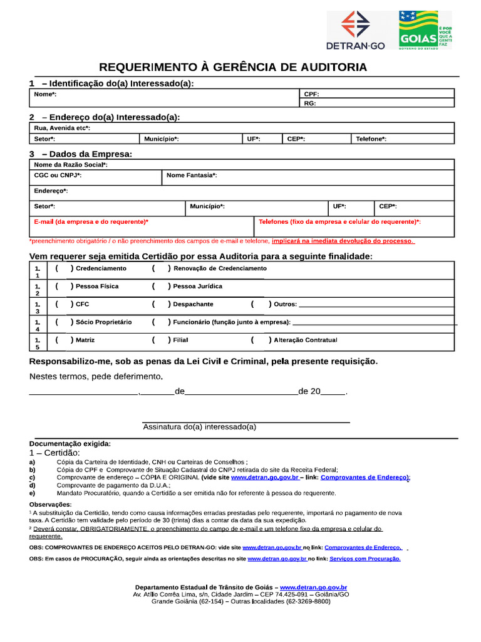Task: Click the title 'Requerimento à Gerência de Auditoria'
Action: point(233,68)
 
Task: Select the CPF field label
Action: point(311,94)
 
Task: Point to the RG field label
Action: point(309,103)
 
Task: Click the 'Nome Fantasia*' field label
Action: point(192,176)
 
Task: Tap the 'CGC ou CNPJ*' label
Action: point(58,176)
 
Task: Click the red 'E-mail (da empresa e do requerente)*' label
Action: point(91,222)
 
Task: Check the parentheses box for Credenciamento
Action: point(63,268)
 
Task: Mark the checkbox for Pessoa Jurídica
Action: point(160,286)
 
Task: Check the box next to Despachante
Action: point(160,304)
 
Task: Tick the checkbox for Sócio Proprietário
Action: point(63,322)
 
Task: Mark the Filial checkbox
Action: point(160,340)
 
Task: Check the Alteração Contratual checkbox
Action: point(260,340)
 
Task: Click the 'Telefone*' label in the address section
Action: point(371,139)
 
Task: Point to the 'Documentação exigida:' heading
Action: point(73,443)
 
